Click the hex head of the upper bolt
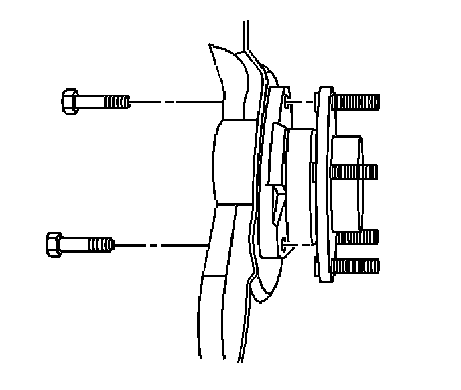[70, 102]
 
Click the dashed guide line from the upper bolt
[174, 103]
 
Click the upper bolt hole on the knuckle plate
[287, 103]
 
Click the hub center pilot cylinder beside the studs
[347, 181]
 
